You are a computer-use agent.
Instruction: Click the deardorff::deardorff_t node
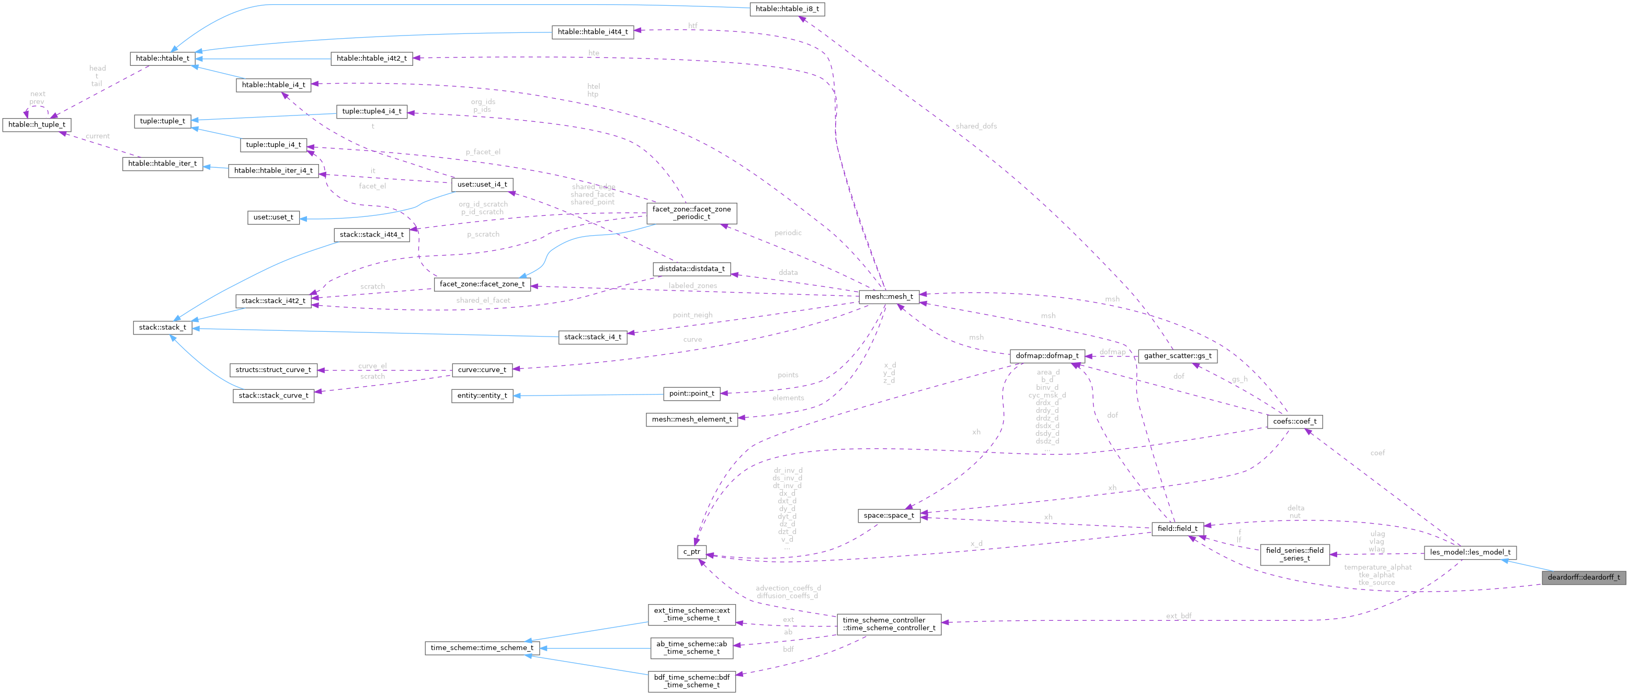pyautogui.click(x=1583, y=577)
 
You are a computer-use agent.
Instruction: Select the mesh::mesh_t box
pyautogui.click(x=888, y=296)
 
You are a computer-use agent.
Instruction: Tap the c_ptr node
pyautogui.click(x=692, y=552)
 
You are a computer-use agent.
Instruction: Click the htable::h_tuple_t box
pyautogui.click(x=37, y=124)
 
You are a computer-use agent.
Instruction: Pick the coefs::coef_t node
pyautogui.click(x=1294, y=421)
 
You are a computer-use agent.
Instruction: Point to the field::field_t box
pyautogui.click(x=1177, y=528)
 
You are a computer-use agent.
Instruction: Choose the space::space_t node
pyautogui.click(x=888, y=516)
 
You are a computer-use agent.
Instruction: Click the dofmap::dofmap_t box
pyautogui.click(x=1046, y=356)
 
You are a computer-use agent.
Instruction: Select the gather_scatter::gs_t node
pyautogui.click(x=1177, y=356)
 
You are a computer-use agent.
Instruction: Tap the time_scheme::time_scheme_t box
pyautogui.click(x=482, y=647)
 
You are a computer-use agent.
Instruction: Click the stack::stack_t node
pyautogui.click(x=163, y=327)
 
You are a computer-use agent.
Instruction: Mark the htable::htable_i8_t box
pyautogui.click(x=787, y=9)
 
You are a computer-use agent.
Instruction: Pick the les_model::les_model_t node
pyautogui.click(x=1469, y=552)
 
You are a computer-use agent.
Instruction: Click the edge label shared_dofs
pyautogui.click(x=976, y=126)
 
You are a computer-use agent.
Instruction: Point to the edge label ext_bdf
pyautogui.click(x=1179, y=616)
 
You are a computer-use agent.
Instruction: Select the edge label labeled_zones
pyautogui.click(x=692, y=286)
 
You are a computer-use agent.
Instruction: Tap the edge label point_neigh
pyautogui.click(x=692, y=315)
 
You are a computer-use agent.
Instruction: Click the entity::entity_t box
pyautogui.click(x=482, y=396)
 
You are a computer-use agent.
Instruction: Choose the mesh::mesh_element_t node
pyautogui.click(x=692, y=419)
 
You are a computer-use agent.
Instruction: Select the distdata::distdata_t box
pyautogui.click(x=692, y=269)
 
